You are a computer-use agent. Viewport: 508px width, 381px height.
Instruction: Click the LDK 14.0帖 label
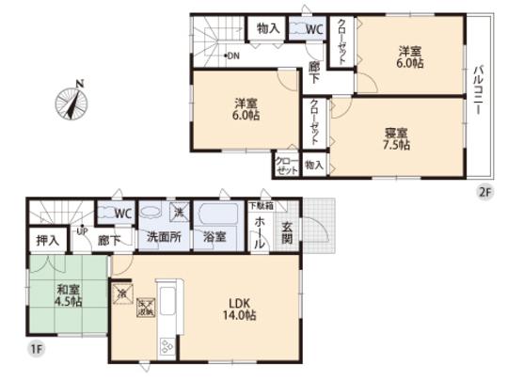[235, 310]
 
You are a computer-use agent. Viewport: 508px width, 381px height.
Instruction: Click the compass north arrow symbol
[73, 103]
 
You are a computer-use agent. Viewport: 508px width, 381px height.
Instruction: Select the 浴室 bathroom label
[214, 237]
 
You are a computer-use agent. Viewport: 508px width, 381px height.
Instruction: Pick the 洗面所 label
[163, 237]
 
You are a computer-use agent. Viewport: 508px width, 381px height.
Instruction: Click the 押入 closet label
[44, 240]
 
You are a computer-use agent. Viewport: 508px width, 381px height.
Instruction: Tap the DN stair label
[231, 56]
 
